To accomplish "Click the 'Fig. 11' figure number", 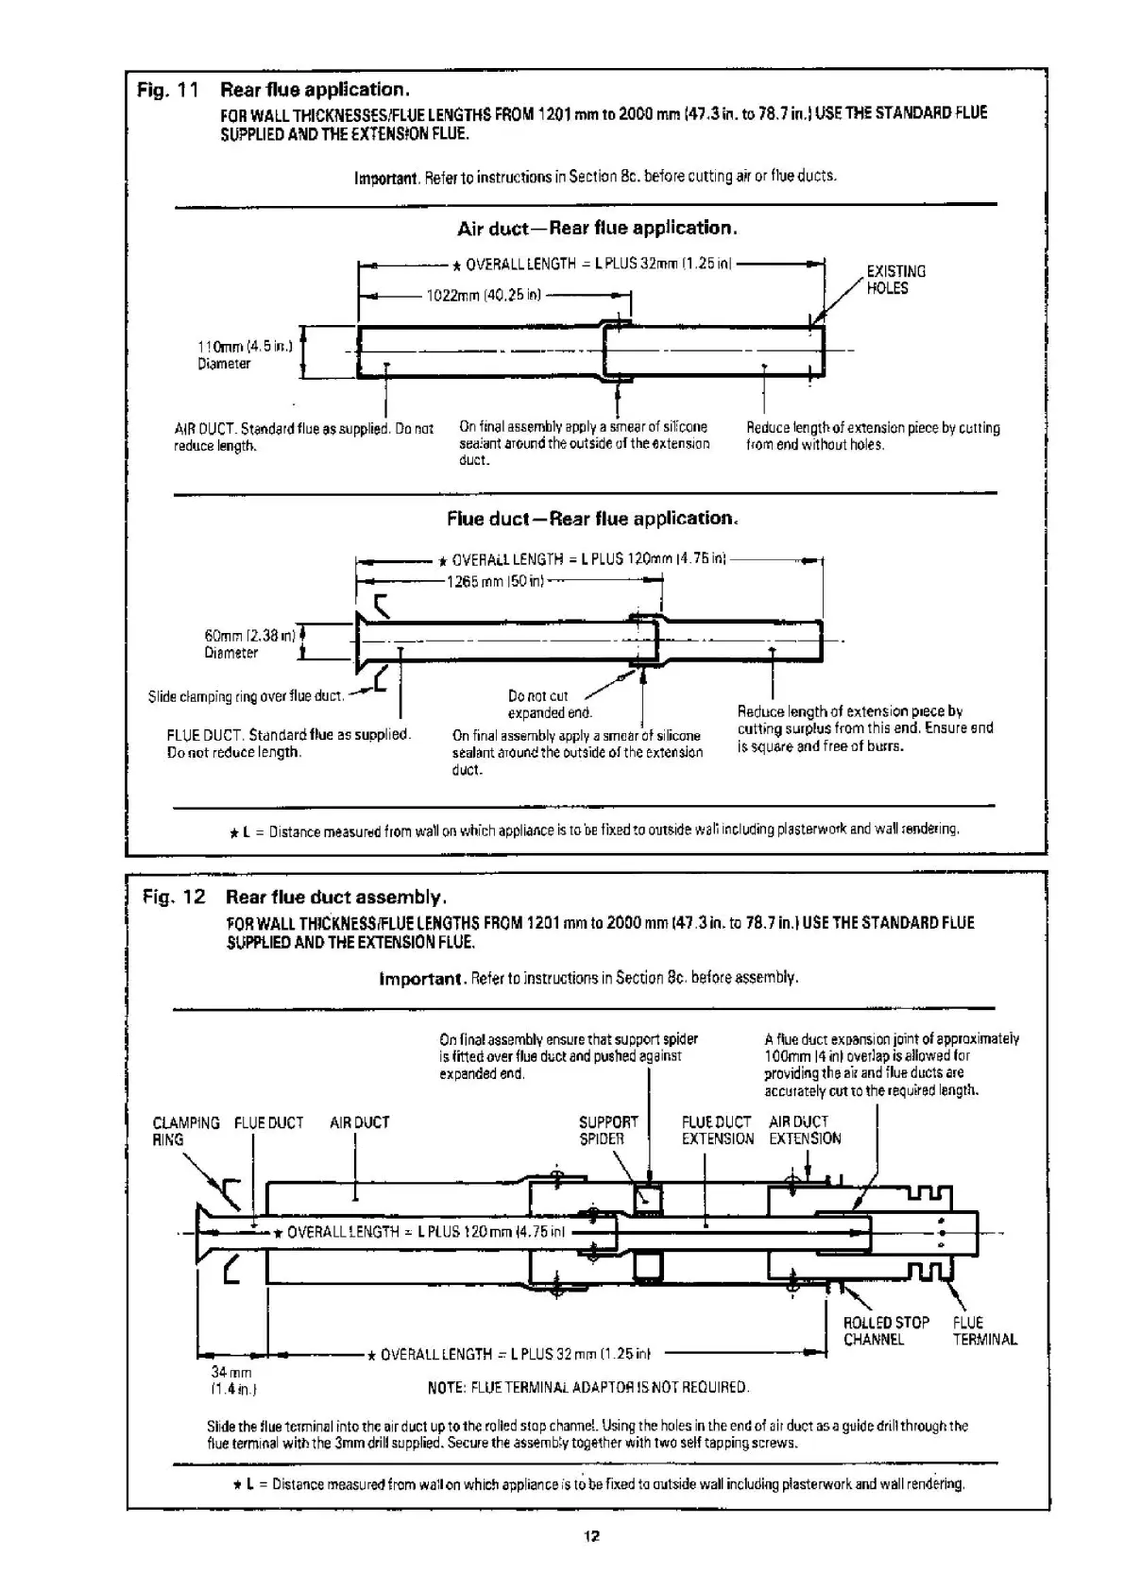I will (x=167, y=91).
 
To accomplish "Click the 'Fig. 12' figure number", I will (x=173, y=897).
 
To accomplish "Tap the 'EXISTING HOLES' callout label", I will (x=894, y=280).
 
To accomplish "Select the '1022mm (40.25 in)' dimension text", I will (x=484, y=296).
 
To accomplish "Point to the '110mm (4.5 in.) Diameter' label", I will (x=245, y=354).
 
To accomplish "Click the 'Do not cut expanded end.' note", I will (x=550, y=705).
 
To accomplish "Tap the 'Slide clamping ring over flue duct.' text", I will (x=245, y=697).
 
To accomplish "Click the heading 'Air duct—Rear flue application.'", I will (x=597, y=229).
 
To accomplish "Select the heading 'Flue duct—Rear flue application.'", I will (x=592, y=519).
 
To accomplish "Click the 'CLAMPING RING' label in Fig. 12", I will (x=185, y=1131).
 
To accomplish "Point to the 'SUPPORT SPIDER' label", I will (x=608, y=1131).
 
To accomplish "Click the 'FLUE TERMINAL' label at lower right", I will (x=984, y=1331).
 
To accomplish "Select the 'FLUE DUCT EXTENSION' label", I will (x=717, y=1131).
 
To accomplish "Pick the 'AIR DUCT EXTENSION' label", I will (x=804, y=1131).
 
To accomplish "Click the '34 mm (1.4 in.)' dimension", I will (x=232, y=1380).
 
